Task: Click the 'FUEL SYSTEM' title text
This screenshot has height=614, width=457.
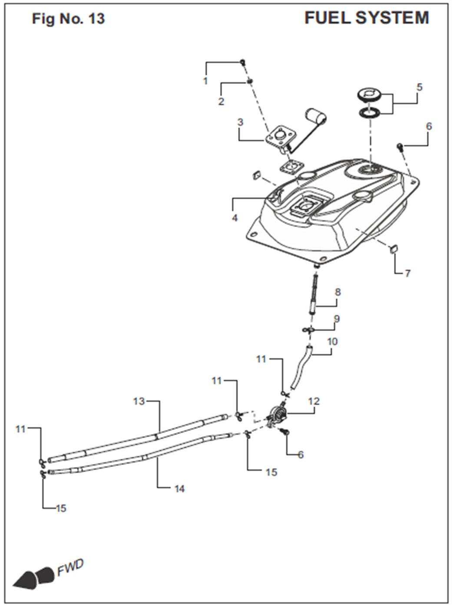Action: pos(367,18)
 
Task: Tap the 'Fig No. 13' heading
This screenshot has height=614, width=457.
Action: pos(68,19)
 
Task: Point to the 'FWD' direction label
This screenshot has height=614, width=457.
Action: pos(70,568)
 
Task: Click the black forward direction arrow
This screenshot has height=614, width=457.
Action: pos(34,575)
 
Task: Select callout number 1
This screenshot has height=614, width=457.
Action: pos(205,81)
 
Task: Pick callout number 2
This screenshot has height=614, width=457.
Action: pos(221,102)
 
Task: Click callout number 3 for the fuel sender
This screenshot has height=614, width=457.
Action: pos(240,122)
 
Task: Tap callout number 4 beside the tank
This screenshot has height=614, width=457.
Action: pos(235,218)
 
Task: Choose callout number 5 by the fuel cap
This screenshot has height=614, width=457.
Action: pos(420,87)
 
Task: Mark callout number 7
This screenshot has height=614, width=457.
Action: pos(407,274)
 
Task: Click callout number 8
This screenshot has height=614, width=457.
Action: pos(338,292)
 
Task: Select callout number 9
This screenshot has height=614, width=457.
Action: pos(336,319)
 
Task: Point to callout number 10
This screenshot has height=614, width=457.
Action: pos(332,342)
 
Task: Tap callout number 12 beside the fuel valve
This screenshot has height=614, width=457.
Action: pos(314,401)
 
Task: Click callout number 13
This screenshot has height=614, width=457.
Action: pos(139,401)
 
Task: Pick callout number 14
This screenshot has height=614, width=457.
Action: pos(179,489)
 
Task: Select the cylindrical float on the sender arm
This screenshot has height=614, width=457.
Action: pos(316,116)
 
